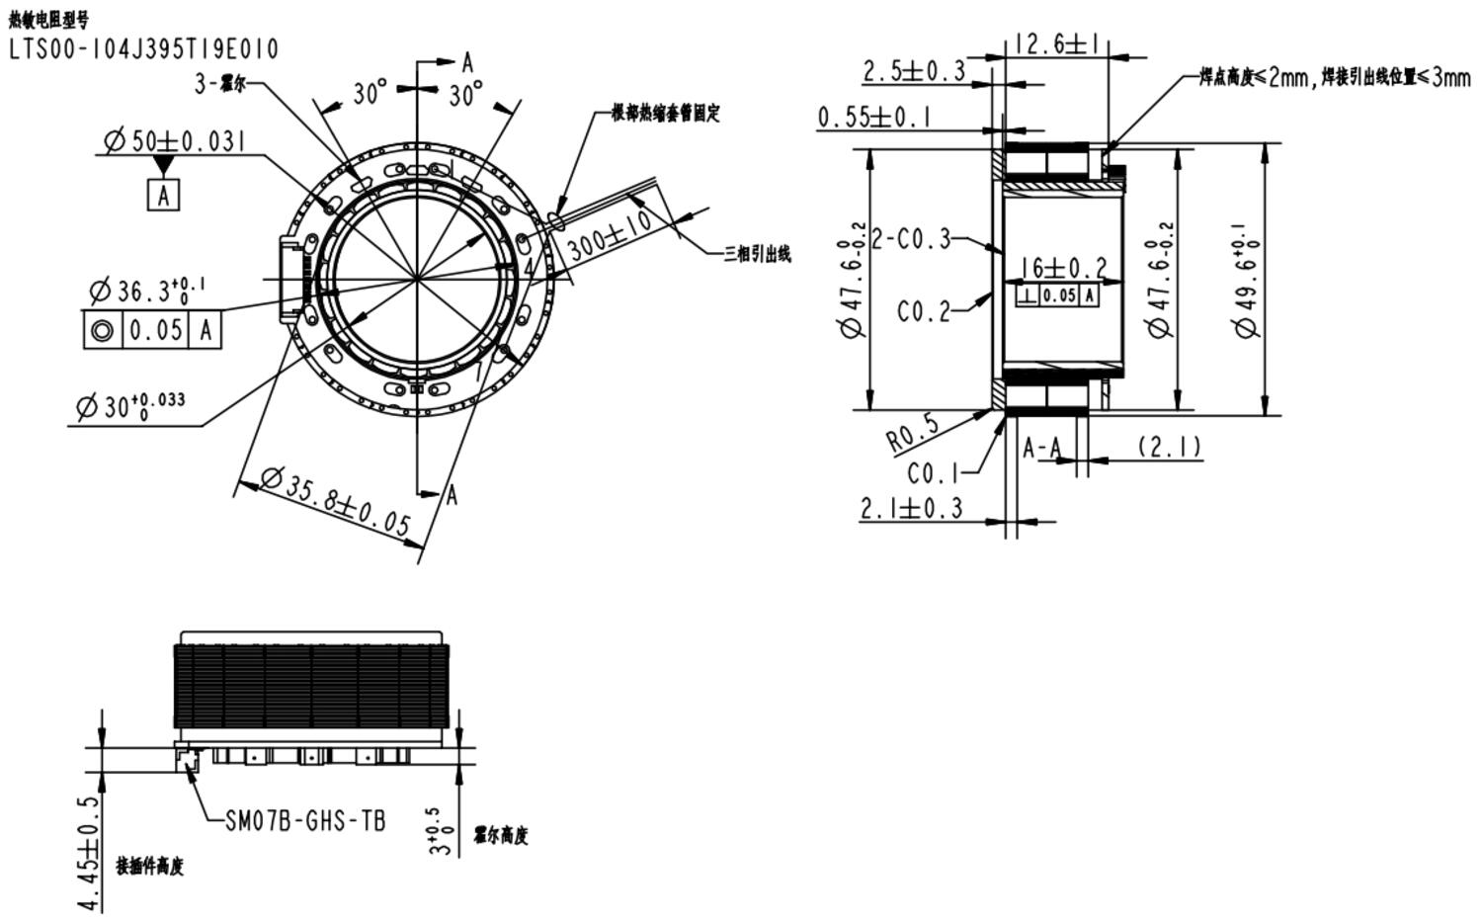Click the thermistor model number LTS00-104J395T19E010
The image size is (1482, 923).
coord(144,48)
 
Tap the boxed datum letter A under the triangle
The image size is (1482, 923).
coord(164,195)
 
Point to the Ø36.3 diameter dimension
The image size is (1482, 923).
coord(146,291)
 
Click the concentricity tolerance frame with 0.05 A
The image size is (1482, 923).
coord(151,330)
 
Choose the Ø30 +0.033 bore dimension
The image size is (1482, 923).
coord(129,405)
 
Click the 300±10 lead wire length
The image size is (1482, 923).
coord(610,233)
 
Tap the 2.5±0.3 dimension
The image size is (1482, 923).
coord(914,71)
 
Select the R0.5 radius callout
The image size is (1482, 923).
coord(911,433)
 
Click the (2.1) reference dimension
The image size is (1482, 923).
coord(1171,447)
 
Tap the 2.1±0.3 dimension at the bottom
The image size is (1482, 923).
coord(910,509)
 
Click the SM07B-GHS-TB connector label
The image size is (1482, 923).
coord(304,820)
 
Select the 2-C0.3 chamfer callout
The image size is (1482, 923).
coord(911,238)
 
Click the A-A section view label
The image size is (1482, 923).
coord(1041,448)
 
